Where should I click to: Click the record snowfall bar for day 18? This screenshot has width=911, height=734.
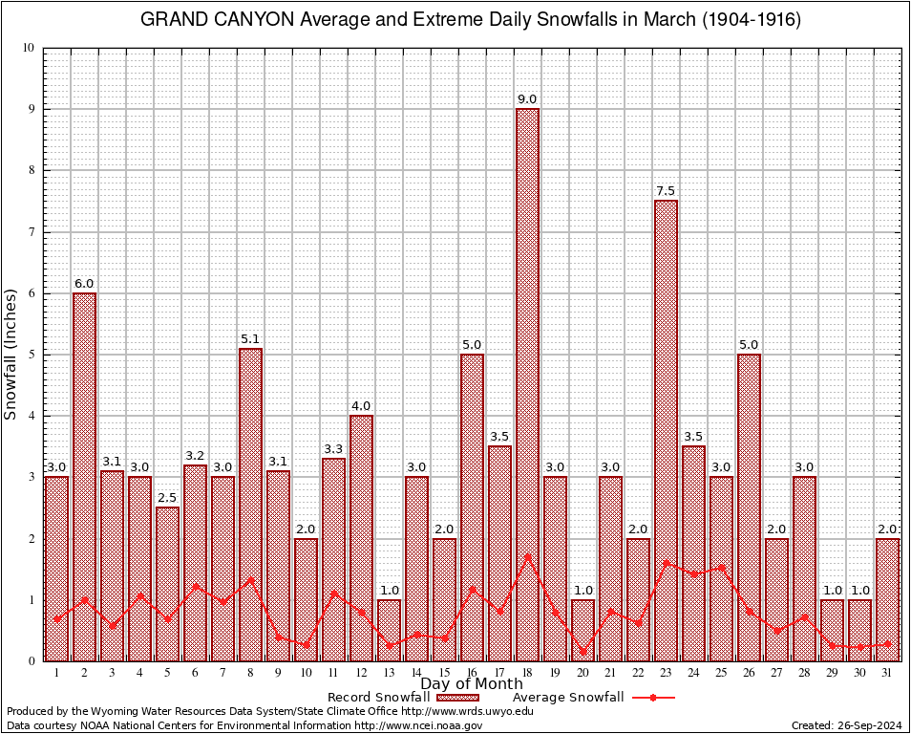[x=527, y=382]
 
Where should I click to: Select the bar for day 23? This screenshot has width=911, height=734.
[x=666, y=430]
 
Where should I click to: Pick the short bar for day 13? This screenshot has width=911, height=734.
[x=389, y=630]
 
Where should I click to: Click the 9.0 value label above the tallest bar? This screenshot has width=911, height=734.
[x=527, y=99]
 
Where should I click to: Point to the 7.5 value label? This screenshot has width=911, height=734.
[x=666, y=191]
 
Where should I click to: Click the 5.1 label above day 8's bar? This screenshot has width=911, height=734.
[x=250, y=339]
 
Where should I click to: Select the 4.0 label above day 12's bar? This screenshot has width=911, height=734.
[x=361, y=406]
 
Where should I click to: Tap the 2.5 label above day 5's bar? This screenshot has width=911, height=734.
[x=167, y=498]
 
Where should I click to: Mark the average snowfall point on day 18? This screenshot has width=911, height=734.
[x=527, y=555]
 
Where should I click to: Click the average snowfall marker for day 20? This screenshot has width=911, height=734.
[x=583, y=652]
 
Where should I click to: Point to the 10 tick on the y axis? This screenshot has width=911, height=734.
[x=29, y=48]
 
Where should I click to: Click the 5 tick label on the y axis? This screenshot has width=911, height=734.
[x=32, y=355]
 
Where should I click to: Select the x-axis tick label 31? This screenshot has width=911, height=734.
[x=887, y=672]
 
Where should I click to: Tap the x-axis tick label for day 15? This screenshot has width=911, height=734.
[x=444, y=672]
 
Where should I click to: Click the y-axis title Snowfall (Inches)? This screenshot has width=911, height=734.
[x=11, y=354]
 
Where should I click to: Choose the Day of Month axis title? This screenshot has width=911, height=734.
[x=471, y=684]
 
